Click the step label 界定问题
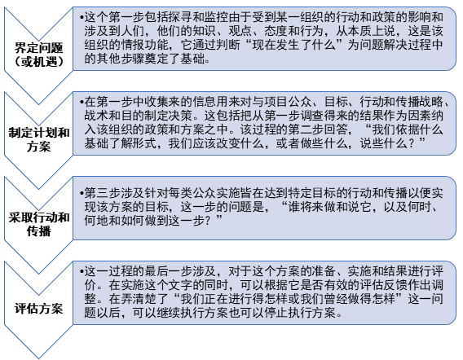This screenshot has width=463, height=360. point(38,48)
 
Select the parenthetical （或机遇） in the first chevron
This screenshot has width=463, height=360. point(38,61)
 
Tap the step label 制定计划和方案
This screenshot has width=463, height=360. point(38,139)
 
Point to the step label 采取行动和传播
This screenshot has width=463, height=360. point(38,224)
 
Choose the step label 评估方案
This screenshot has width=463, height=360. point(38,309)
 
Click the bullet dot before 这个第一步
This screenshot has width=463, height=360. point(82,18)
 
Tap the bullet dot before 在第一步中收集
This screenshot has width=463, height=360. point(82,102)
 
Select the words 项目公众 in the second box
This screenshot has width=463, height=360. point(289,102)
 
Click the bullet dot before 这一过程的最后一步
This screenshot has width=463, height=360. point(82,271)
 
